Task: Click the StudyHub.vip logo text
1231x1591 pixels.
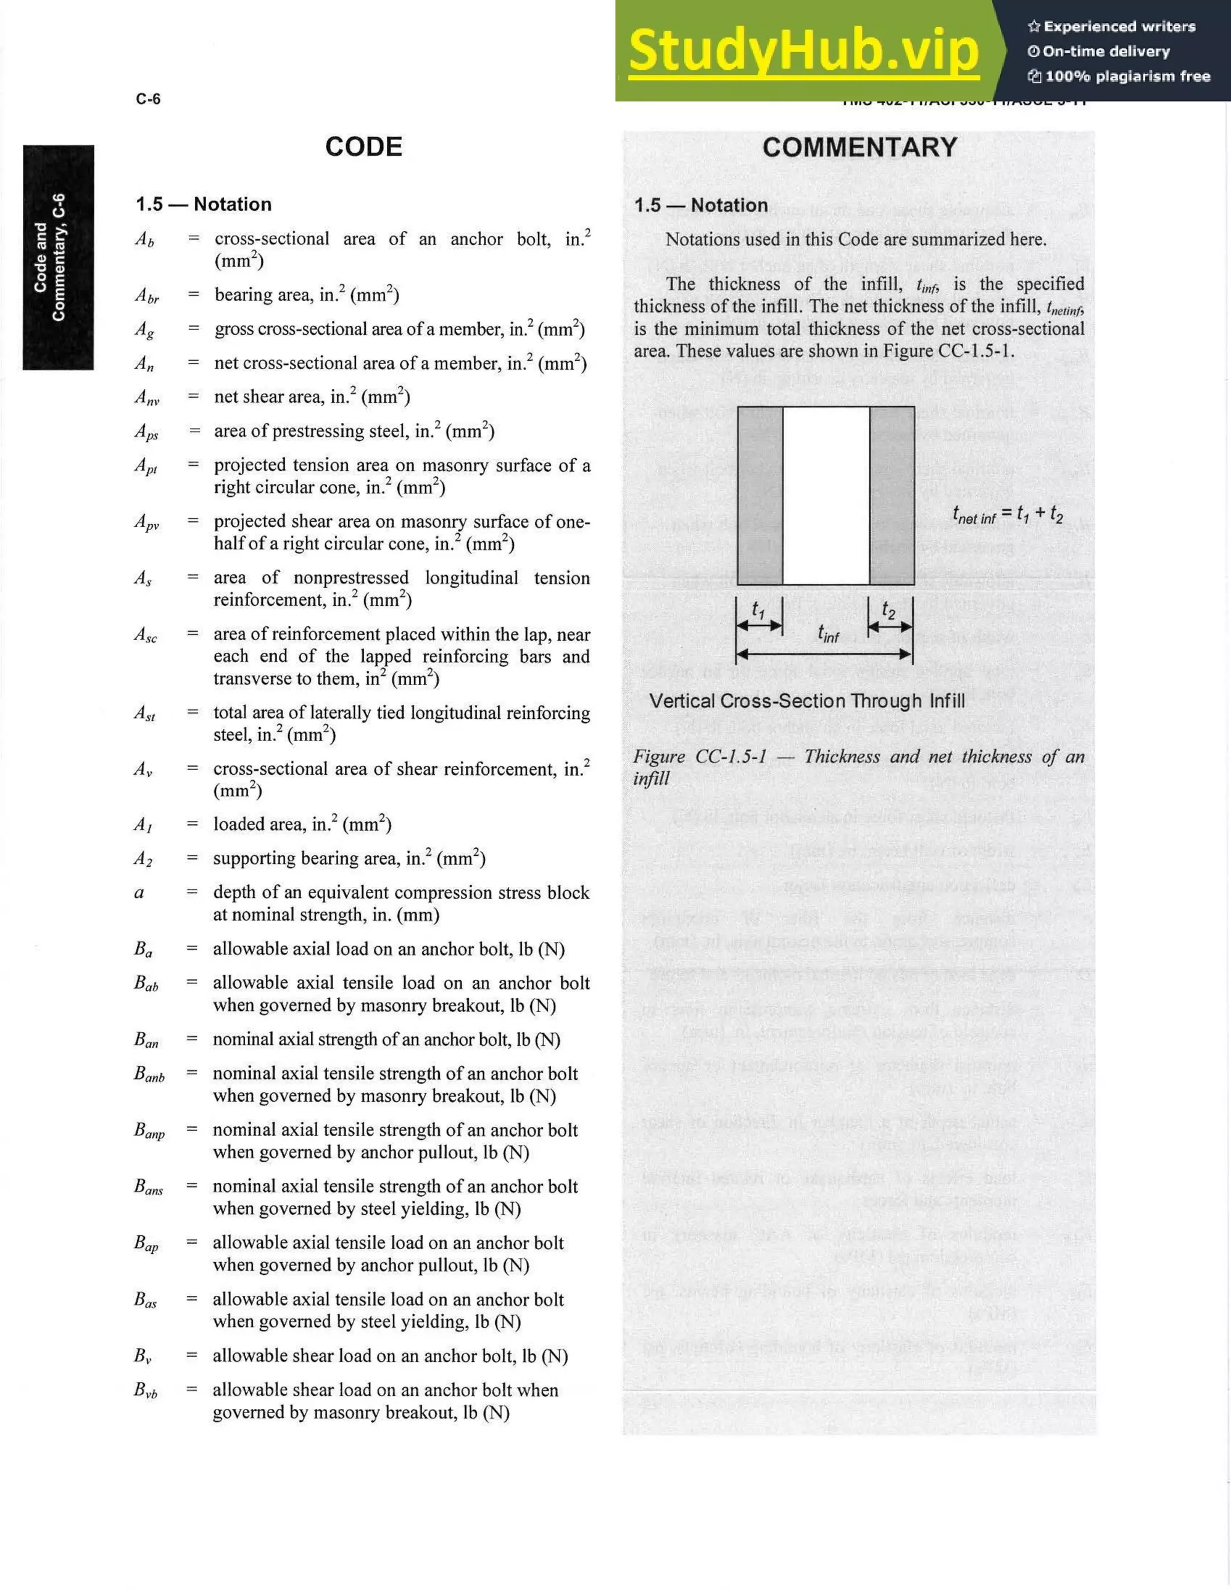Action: (804, 50)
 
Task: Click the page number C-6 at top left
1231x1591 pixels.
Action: (148, 99)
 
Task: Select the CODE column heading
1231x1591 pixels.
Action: (364, 147)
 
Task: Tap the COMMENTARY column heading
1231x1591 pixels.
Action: (860, 147)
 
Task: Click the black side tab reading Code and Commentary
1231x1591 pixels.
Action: (58, 257)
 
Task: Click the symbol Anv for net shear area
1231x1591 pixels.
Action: (147, 398)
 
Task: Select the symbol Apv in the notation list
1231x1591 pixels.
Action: (147, 522)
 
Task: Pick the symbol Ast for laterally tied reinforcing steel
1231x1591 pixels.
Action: (145, 713)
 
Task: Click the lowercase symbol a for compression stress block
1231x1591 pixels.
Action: (139, 893)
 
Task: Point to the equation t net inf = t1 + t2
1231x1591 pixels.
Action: (1007, 515)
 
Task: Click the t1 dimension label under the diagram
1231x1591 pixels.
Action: (759, 609)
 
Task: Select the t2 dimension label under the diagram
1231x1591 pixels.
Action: (888, 609)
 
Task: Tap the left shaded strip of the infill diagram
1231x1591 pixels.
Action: (760, 495)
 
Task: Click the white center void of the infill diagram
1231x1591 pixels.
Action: (826, 495)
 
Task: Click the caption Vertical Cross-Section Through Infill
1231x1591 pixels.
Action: (807, 701)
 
